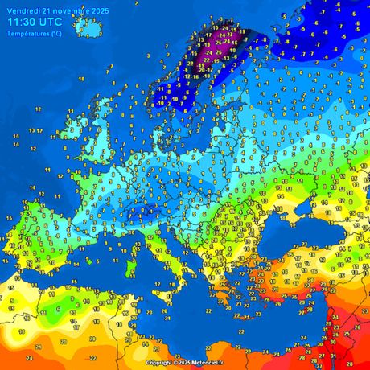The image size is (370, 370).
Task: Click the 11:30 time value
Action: [x=23, y=23]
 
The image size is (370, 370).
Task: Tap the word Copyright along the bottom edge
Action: [x=159, y=363]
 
